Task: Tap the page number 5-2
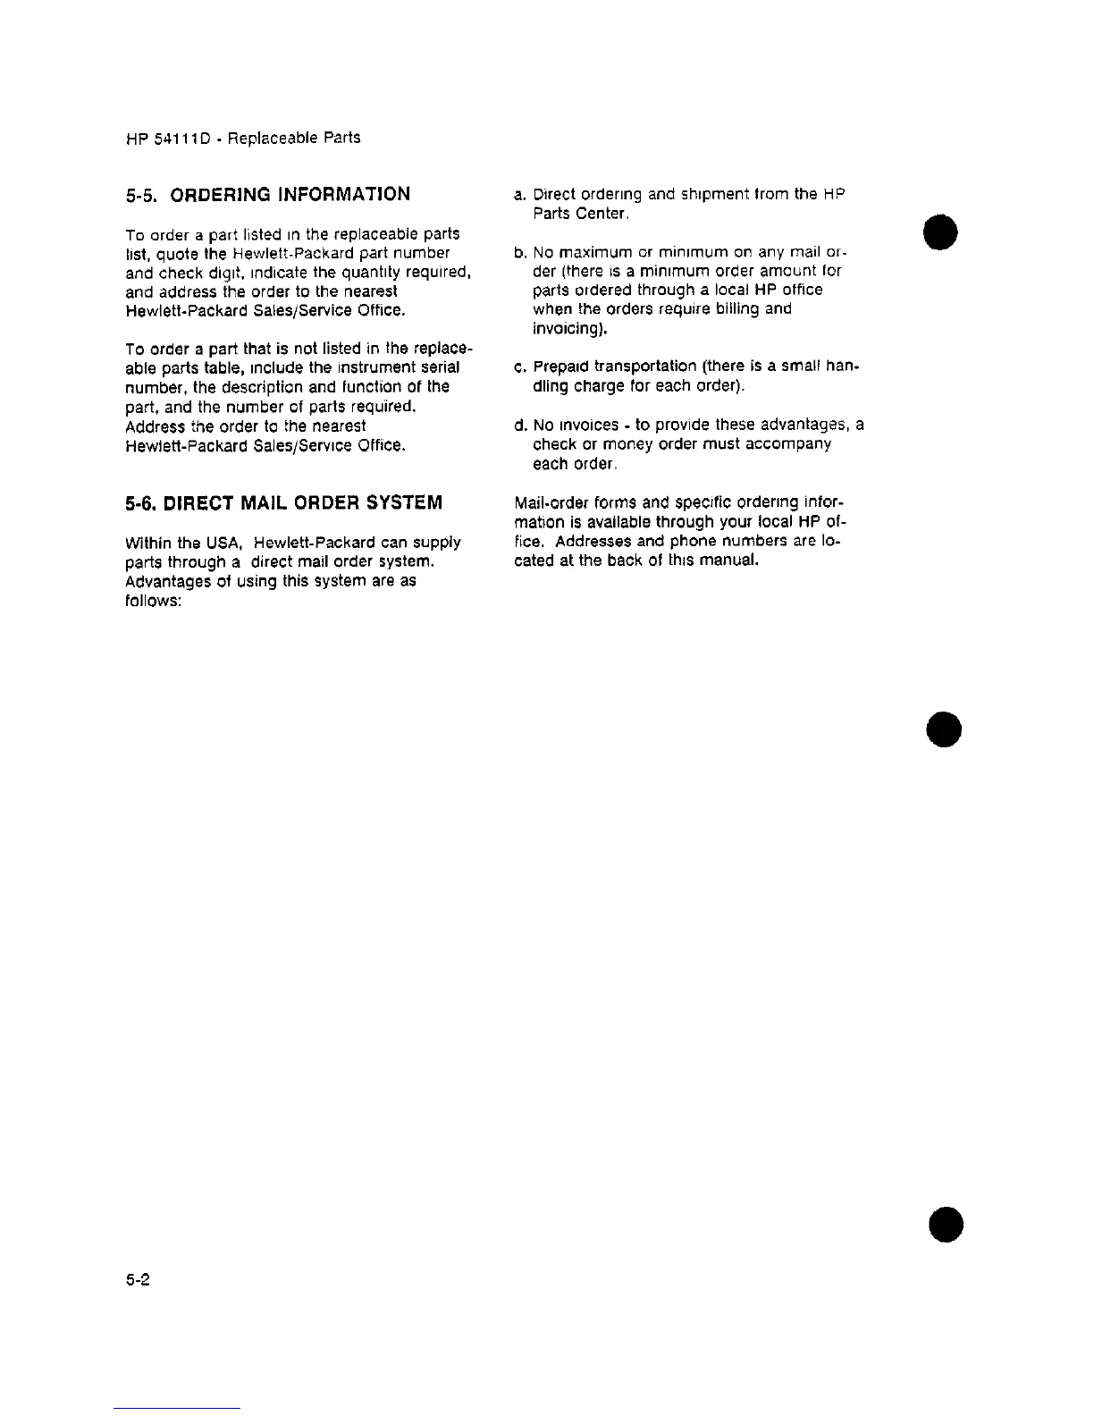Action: click(137, 1279)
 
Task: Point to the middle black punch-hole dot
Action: click(944, 729)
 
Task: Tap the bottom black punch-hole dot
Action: click(946, 1224)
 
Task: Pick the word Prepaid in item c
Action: click(560, 367)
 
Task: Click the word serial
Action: click(440, 367)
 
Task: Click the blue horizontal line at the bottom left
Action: click(177, 1408)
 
